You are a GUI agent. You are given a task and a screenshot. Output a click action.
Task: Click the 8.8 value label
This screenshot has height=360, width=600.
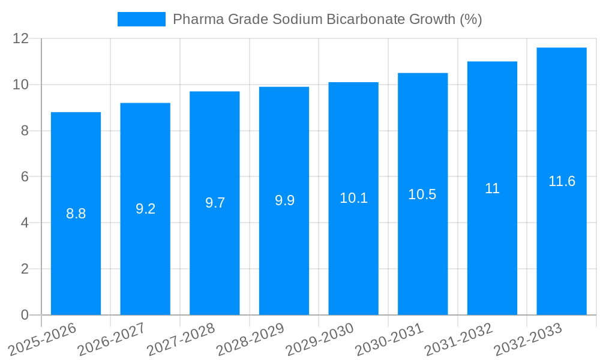coord(76,214)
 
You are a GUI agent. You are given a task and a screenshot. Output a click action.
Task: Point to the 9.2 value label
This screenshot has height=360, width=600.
coord(145,209)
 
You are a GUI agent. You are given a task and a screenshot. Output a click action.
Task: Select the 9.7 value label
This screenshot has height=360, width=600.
coord(215,203)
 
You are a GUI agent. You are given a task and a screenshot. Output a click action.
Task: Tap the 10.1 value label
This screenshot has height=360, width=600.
coord(353,198)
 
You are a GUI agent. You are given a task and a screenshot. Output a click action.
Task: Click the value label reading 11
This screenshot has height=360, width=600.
coord(492,188)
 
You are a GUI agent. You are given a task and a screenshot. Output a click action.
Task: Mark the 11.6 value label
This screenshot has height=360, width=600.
coord(562,181)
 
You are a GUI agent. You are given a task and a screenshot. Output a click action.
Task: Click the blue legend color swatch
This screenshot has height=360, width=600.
coord(141,19)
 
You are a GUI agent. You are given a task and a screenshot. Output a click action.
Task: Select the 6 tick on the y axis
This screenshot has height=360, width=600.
coord(25,176)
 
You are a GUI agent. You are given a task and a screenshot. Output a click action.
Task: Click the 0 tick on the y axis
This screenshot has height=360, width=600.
coord(25,315)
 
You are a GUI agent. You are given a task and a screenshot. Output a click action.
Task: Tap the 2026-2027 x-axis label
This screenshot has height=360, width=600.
coord(112,340)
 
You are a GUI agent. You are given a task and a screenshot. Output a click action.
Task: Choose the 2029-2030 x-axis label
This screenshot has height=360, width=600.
coord(320,340)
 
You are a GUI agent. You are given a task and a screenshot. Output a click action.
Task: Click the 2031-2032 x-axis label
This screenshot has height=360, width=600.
coord(458,340)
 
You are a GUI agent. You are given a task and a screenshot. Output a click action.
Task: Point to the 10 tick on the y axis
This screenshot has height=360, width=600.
coord(21,85)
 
